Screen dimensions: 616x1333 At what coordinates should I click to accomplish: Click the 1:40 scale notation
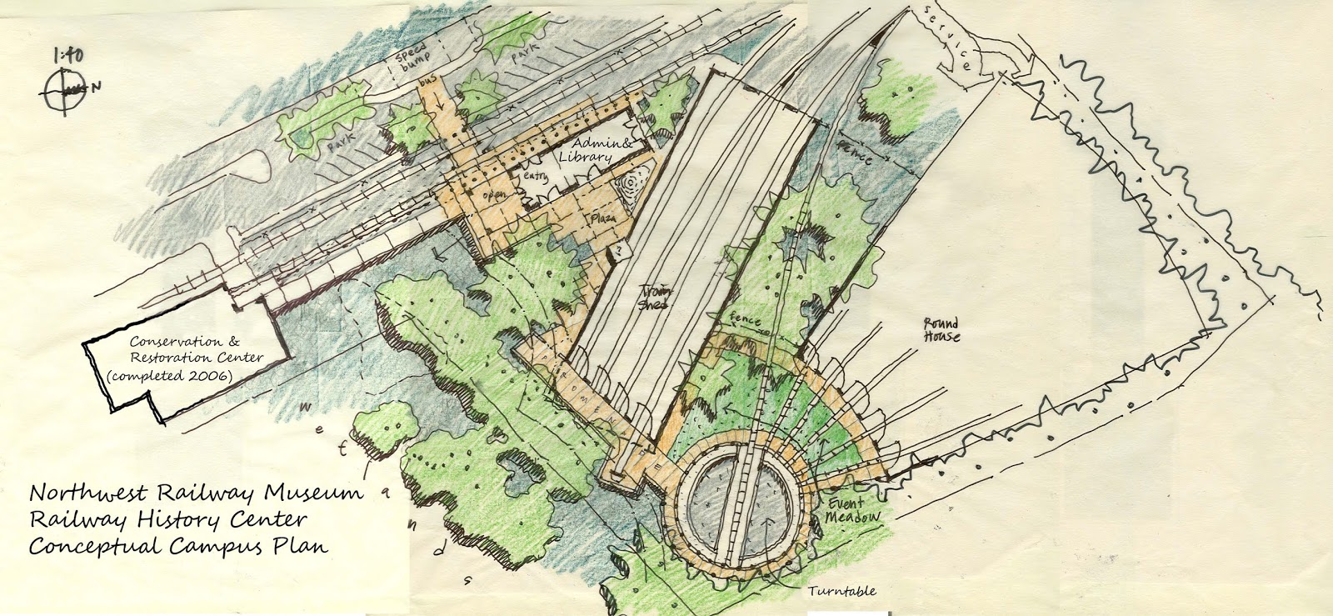coord(69,56)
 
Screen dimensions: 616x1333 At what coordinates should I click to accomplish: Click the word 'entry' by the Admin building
coord(534,178)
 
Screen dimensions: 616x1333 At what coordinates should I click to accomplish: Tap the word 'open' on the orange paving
coord(496,194)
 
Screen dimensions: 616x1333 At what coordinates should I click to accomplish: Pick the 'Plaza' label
coord(602,218)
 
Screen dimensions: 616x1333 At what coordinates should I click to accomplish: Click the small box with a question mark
coord(621,250)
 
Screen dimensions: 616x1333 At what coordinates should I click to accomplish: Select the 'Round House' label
coord(941,329)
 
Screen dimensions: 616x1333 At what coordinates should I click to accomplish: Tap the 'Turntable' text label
coord(841,591)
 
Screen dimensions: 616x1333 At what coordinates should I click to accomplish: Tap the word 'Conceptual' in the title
coord(95,548)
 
